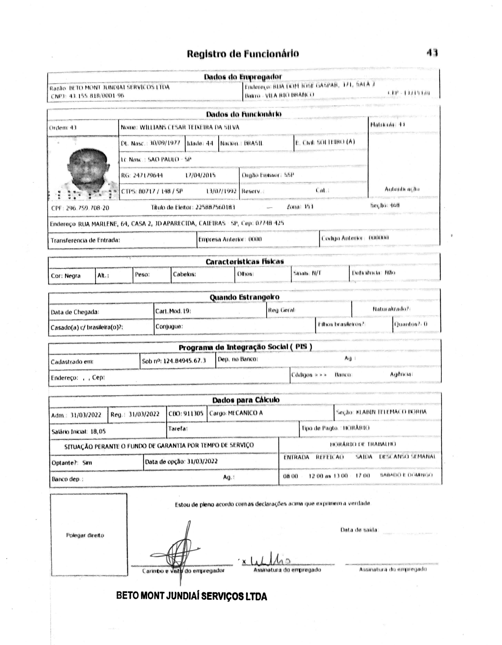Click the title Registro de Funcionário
point(243,53)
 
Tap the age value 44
point(209,144)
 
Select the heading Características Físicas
point(244,262)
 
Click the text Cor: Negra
point(66,276)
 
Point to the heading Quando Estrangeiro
point(244,297)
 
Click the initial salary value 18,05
point(98,432)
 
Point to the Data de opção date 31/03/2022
point(202,461)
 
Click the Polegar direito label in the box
point(85,535)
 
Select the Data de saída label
point(359,530)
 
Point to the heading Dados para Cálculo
point(246,400)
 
